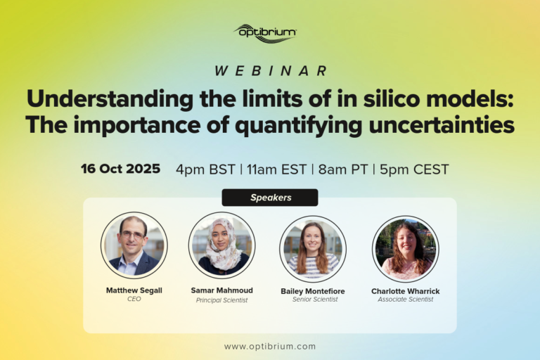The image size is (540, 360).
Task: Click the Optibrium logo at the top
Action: point(265,34)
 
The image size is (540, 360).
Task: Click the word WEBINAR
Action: point(270,71)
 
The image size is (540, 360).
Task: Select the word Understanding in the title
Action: point(110,100)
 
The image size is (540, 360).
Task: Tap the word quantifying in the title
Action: point(298,125)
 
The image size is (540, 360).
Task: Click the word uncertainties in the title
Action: point(442,124)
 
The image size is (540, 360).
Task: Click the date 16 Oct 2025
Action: point(120,169)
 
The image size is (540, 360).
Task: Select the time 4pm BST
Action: point(205,169)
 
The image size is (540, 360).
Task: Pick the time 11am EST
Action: point(276,169)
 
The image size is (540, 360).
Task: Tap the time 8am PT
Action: point(343,169)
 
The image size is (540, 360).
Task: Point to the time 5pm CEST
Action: point(414,169)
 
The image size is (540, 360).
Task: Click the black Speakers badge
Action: point(270,198)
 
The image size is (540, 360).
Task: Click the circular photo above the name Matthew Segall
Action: point(134,245)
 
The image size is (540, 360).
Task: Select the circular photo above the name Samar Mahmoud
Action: point(221,245)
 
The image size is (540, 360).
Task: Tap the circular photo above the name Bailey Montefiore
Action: point(313,249)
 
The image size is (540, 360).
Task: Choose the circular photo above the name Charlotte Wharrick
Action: point(405,249)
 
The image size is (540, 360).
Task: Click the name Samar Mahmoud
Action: point(221,290)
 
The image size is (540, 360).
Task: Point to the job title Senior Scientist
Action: point(315,300)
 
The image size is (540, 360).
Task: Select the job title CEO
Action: point(134,299)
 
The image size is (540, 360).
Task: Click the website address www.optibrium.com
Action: point(270,347)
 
